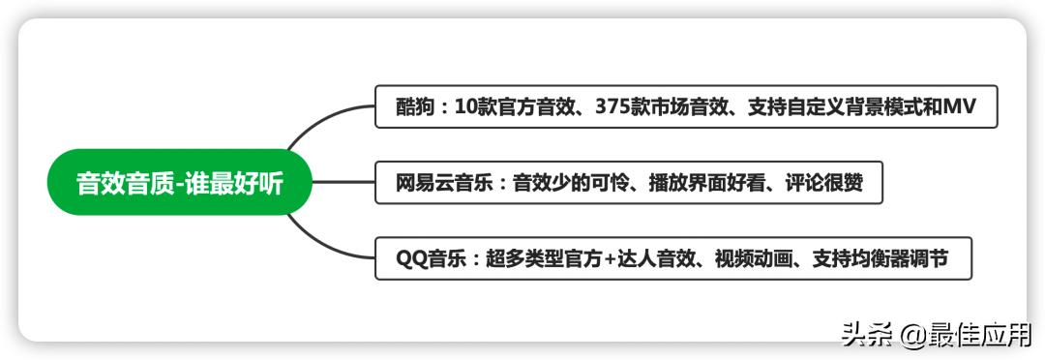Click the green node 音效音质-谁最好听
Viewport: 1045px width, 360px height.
[x=180, y=182]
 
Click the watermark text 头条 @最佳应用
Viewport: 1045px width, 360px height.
[x=937, y=335]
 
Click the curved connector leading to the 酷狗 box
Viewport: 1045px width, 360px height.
[x=319, y=120]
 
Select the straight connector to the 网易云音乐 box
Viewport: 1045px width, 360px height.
[x=343, y=182]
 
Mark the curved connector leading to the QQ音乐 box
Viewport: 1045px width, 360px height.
[x=319, y=245]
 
